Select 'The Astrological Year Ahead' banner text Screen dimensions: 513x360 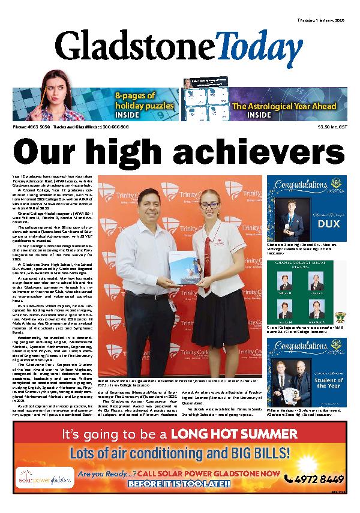(284, 106)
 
